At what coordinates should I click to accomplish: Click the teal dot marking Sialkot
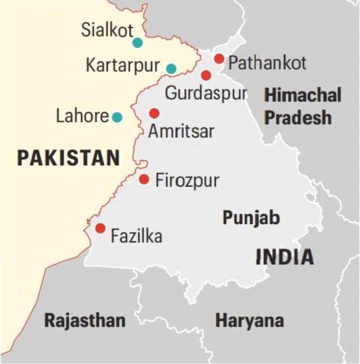pos(137,43)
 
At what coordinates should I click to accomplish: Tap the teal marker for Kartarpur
pos(171,69)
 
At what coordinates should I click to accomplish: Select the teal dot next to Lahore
pos(117,117)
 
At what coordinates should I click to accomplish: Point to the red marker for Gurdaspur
pos(206,75)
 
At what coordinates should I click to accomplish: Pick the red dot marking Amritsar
pos(154,113)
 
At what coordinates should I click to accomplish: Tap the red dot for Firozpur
pos(144,179)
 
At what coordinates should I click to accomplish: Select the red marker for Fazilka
pos(100,228)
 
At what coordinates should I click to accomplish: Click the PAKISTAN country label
pos(69,158)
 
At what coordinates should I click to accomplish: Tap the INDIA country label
pos(285,257)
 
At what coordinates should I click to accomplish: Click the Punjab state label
pos(251,218)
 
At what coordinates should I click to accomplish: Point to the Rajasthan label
pos(84,320)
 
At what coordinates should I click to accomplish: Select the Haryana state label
pos(249,320)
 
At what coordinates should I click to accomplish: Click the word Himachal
pos(303,96)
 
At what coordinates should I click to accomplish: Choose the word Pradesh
pos(298,118)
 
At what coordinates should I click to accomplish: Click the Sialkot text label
pos(107,30)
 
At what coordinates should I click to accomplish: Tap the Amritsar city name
pos(181,131)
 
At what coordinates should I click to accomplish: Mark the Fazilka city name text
pos(136,236)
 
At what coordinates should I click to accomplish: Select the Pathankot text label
pos(267,63)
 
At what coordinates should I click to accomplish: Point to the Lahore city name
pos(82,117)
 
